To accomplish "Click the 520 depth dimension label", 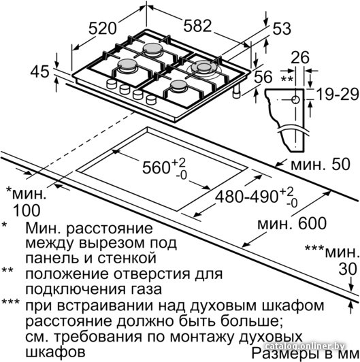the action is click(102, 28).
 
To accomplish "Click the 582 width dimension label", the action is click(197, 25).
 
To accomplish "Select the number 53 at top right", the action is click(282, 29).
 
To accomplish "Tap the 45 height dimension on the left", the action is click(40, 71).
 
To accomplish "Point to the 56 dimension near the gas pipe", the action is click(263, 77).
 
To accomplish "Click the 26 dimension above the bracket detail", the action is click(300, 57).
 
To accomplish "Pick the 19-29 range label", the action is click(338, 94).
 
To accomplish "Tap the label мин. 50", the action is click(321, 165).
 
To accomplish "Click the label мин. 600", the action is click(292, 223).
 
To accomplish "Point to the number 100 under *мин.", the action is click(27, 210).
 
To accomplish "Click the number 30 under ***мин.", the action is click(348, 269).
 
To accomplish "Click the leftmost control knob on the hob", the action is click(112, 84).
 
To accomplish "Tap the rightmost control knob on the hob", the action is click(152, 99).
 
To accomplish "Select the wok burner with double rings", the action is click(204, 69).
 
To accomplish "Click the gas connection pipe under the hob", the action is click(236, 92).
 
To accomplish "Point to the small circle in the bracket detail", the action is click(295, 100).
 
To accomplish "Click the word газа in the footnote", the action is click(142, 289).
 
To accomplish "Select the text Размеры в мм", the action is click(305, 353).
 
